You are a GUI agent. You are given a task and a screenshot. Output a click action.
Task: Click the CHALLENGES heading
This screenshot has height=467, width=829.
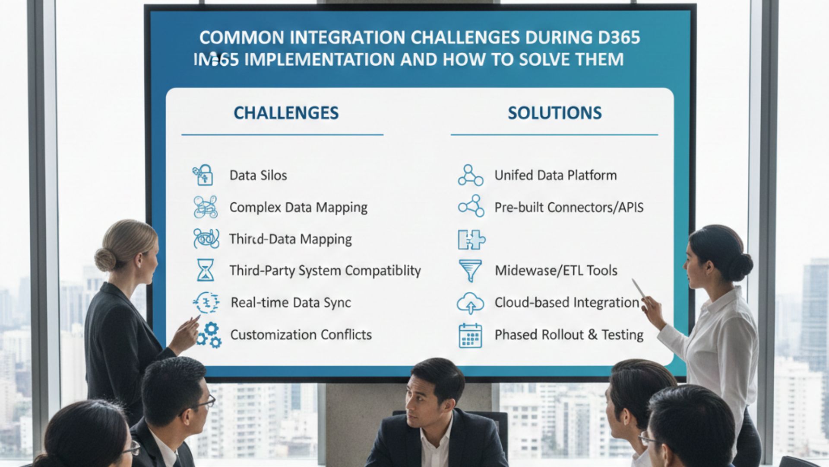click(286, 113)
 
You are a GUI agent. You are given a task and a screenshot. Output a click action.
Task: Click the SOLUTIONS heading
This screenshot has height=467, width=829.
click(554, 113)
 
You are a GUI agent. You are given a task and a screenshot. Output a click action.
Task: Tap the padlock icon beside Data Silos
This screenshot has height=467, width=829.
click(203, 175)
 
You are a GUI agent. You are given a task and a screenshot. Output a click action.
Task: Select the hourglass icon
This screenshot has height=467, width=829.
click(205, 270)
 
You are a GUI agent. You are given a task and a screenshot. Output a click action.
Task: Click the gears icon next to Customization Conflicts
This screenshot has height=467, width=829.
click(209, 335)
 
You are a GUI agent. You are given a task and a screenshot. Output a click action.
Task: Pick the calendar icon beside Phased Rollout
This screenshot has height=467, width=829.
click(470, 336)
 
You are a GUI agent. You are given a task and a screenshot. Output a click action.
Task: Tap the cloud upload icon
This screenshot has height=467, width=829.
click(470, 303)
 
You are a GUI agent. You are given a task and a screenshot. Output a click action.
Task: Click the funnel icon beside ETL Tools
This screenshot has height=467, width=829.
click(470, 271)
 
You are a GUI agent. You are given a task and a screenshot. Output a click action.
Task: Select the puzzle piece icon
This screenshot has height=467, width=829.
click(471, 239)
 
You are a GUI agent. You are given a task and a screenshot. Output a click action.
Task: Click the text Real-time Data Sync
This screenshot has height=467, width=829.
click(291, 302)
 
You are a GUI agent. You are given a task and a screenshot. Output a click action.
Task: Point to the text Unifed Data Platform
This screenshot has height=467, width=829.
click(555, 175)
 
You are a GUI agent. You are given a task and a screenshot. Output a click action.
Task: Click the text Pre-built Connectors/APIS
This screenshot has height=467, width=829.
click(569, 207)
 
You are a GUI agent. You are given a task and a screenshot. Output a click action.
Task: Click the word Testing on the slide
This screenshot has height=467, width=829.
click(622, 335)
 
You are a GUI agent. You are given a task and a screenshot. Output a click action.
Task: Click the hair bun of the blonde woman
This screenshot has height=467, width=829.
click(105, 259)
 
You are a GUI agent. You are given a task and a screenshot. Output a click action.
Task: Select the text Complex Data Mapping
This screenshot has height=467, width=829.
click(298, 207)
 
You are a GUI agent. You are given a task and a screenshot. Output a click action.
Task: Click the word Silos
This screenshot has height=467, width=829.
click(273, 175)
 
